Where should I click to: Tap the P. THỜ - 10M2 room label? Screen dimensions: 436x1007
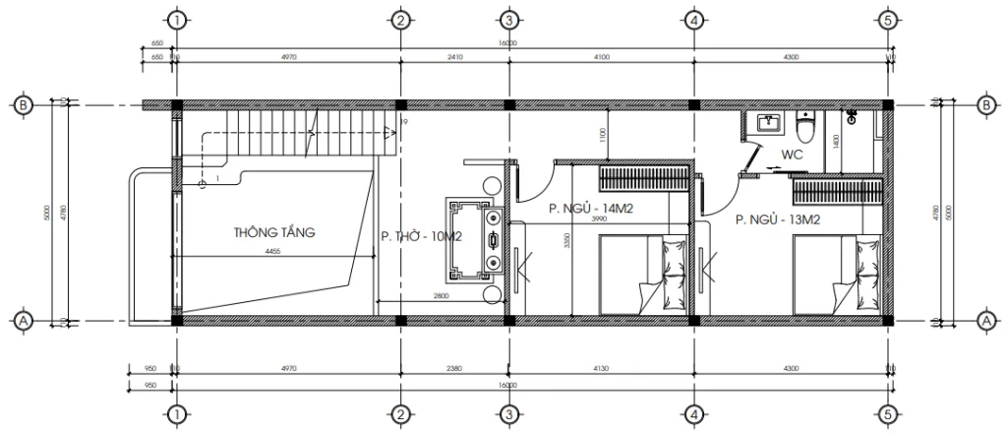tap(421, 236)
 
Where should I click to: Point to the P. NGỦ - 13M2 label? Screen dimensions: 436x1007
tap(778, 221)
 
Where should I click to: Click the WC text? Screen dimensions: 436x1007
tap(794, 156)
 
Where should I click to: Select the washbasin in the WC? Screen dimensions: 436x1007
tap(768, 124)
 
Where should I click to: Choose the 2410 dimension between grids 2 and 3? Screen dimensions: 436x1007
tap(453, 59)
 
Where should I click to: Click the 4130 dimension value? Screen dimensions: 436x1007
tap(600, 371)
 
